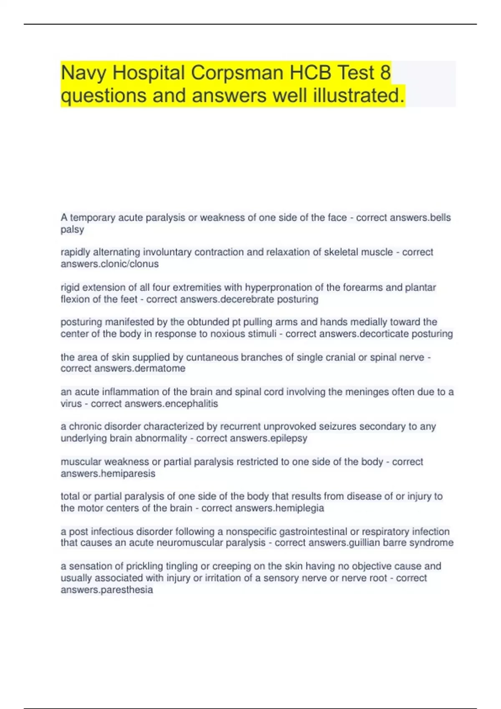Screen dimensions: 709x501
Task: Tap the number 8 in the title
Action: click(x=385, y=73)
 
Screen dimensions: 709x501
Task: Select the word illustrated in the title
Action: click(x=358, y=96)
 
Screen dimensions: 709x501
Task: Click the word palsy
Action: click(x=72, y=230)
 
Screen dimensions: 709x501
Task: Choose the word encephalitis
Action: click(x=191, y=404)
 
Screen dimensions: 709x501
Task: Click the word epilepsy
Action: click(x=288, y=438)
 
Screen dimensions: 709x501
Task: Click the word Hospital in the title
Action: click(x=149, y=73)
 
